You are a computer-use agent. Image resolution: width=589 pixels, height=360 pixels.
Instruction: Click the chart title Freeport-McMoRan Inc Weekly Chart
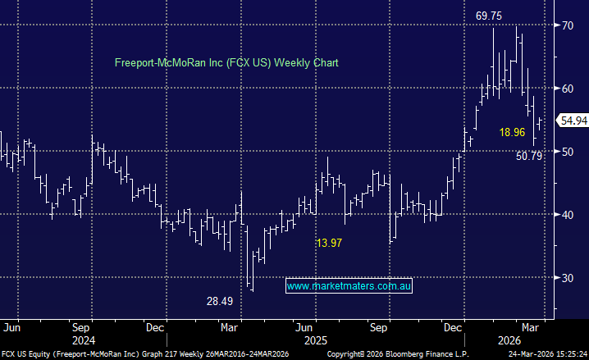226,62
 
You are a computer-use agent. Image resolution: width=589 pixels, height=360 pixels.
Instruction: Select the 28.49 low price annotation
220,302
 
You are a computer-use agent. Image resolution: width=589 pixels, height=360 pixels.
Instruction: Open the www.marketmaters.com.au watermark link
349,286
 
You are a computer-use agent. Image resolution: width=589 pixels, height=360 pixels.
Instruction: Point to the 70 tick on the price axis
567,25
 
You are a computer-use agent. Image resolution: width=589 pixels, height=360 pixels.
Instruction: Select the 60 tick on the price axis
567,89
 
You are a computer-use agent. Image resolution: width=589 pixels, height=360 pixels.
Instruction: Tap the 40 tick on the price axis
567,214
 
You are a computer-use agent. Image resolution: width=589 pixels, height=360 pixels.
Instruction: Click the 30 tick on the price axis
567,277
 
